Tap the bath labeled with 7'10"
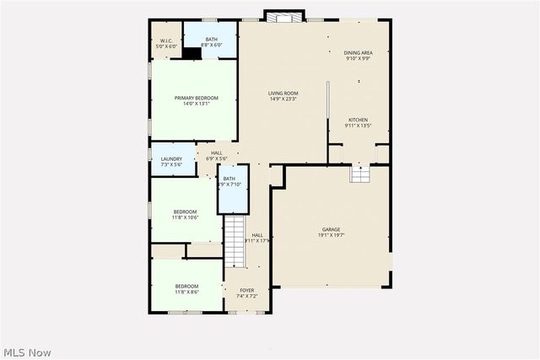pyautogui.click(x=229, y=181)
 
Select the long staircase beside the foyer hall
pyautogui.click(x=234, y=241)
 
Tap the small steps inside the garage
pyautogui.click(x=359, y=174)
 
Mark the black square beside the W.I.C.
pyautogui.click(x=193, y=53)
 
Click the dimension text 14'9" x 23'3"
pyautogui.click(x=284, y=99)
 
